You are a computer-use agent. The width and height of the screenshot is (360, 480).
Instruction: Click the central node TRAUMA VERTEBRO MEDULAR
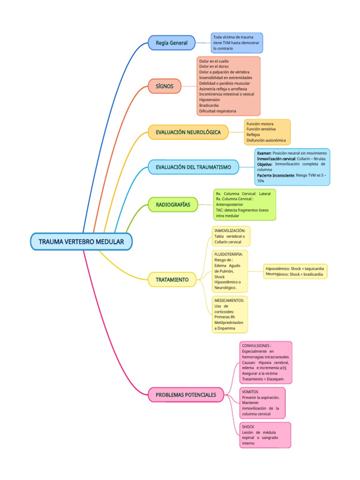(81, 242)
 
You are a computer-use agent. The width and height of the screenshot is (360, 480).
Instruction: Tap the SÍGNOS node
(164, 86)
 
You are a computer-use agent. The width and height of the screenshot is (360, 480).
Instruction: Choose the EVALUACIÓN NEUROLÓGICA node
(187, 132)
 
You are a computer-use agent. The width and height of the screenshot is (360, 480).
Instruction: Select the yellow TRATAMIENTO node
(172, 280)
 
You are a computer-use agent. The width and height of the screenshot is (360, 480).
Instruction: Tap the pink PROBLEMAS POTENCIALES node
(186, 395)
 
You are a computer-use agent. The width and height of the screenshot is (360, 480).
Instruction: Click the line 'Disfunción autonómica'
(266, 140)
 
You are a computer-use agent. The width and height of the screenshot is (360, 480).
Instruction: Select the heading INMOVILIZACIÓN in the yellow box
(229, 231)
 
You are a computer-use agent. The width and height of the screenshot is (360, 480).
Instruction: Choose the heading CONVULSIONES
(256, 345)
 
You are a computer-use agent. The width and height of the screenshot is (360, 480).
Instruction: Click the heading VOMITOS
(250, 391)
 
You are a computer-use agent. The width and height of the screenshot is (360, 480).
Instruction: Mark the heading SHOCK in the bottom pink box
(248, 427)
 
